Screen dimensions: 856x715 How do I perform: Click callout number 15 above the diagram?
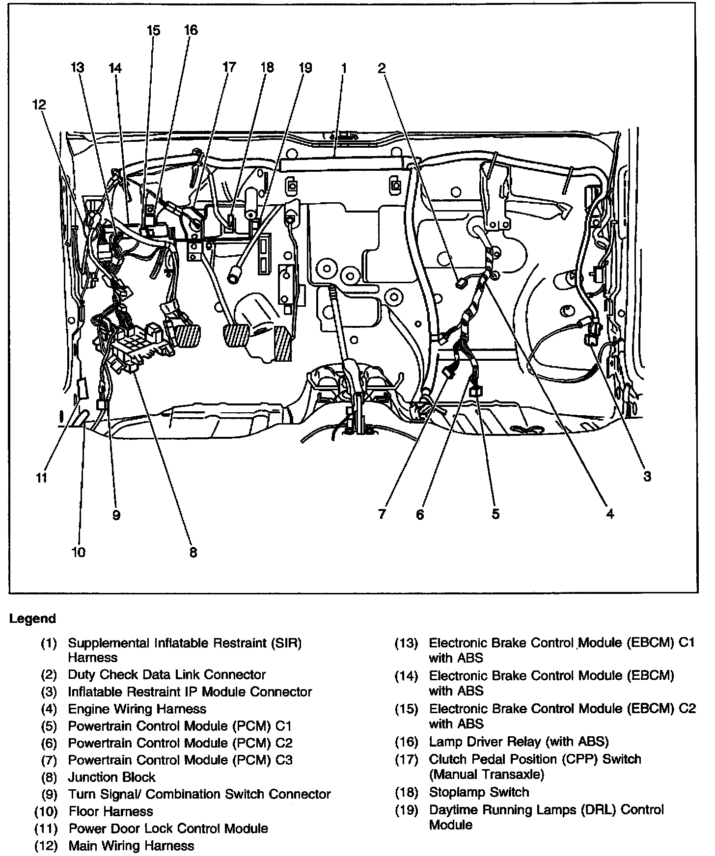[x=154, y=30]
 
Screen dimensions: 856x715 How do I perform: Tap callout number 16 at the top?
[x=191, y=30]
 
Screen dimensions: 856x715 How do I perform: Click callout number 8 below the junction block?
[x=193, y=552]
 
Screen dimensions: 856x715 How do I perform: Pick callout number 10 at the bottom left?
[x=79, y=552]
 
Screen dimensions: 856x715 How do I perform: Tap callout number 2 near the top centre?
[x=382, y=68]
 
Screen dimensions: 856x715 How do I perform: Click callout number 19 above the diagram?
[x=305, y=68]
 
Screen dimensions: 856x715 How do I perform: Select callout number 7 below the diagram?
[x=382, y=514]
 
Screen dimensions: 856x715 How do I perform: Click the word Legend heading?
[x=32, y=618]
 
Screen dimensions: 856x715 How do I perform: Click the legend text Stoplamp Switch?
[x=479, y=792]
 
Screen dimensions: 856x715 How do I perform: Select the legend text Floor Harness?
[x=110, y=811]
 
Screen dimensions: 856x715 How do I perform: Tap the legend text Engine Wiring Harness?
[x=137, y=709]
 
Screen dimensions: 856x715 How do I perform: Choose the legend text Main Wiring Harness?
[x=131, y=846]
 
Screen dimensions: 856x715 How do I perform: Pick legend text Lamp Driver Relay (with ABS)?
[x=519, y=742]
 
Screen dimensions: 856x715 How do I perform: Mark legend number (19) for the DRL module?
[x=407, y=810]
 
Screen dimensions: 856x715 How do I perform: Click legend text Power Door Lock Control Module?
[x=168, y=829]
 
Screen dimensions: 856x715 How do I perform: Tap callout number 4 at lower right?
[x=609, y=514]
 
